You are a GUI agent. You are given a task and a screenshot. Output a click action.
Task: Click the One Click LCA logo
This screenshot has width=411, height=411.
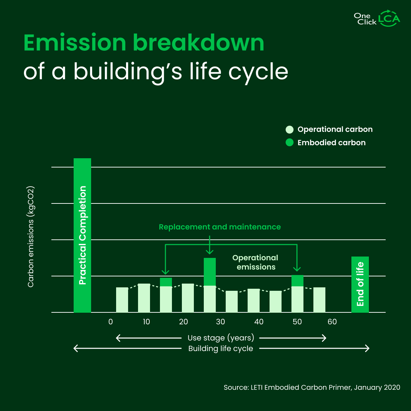[377, 18]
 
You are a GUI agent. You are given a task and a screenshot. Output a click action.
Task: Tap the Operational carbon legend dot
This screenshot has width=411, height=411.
[290, 129]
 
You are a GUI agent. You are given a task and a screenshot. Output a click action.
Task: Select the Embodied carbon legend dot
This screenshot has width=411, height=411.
[290, 142]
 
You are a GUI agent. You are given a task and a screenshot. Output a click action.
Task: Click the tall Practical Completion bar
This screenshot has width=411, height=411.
[83, 235]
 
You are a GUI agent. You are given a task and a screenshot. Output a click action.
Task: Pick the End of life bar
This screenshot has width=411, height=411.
[360, 284]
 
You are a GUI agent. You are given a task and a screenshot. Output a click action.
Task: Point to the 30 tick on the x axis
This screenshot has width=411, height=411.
[221, 322]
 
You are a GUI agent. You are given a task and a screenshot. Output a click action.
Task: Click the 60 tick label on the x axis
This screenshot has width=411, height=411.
[332, 322]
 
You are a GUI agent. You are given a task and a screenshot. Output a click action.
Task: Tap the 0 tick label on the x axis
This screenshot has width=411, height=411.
[110, 322]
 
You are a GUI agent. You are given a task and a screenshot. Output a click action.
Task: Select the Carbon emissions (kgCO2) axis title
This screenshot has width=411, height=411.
[31, 237]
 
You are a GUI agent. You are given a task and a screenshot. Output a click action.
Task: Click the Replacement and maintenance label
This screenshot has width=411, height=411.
[220, 227]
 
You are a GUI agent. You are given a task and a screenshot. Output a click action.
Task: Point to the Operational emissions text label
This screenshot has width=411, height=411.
[256, 262]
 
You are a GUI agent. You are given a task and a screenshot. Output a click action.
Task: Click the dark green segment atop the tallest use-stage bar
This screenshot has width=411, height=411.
[210, 272]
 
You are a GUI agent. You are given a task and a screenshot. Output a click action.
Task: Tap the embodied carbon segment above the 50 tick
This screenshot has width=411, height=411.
[297, 281]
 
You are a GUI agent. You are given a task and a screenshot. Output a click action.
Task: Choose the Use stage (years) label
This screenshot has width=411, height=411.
[221, 338]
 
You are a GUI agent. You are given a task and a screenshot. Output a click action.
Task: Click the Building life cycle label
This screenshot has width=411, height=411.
[221, 349]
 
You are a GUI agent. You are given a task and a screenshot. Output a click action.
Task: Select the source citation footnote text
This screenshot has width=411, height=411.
[312, 387]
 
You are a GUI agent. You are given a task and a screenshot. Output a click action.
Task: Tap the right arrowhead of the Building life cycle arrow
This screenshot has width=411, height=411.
[368, 348]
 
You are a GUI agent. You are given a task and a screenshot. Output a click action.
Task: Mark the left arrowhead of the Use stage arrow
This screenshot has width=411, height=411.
[118, 338]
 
